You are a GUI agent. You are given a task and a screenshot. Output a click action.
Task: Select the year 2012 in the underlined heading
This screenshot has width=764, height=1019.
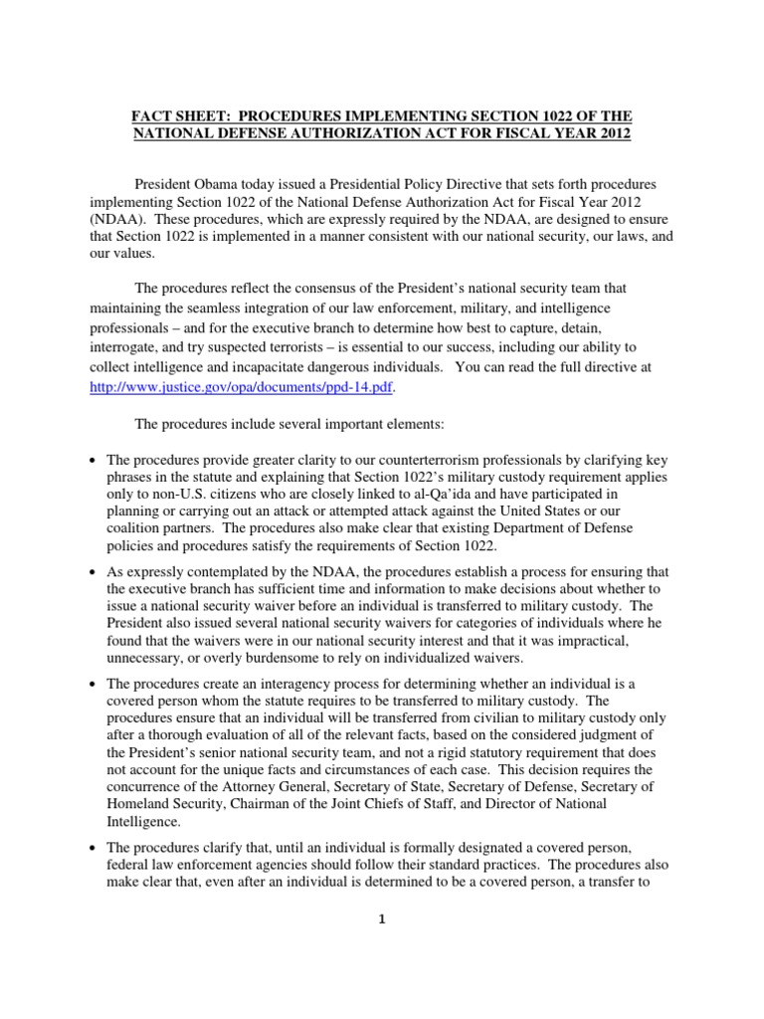pos(611,134)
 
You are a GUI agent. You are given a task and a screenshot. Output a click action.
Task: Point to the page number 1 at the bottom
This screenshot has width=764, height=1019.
pos(381,918)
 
